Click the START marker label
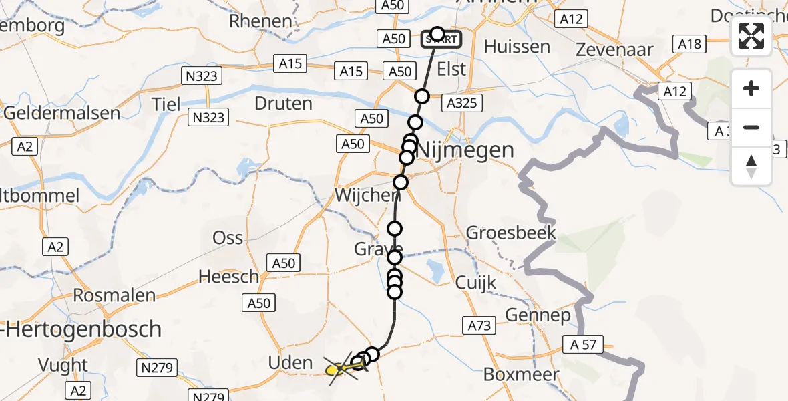(441, 39)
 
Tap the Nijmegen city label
(465, 150)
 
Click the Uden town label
(290, 363)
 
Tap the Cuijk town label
(475, 282)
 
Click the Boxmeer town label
(520, 374)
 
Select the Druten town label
(283, 103)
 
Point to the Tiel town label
(166, 104)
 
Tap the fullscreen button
(751, 36)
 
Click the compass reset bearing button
(751, 166)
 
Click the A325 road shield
(460, 103)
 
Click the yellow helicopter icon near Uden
(337, 368)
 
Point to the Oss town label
(228, 237)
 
